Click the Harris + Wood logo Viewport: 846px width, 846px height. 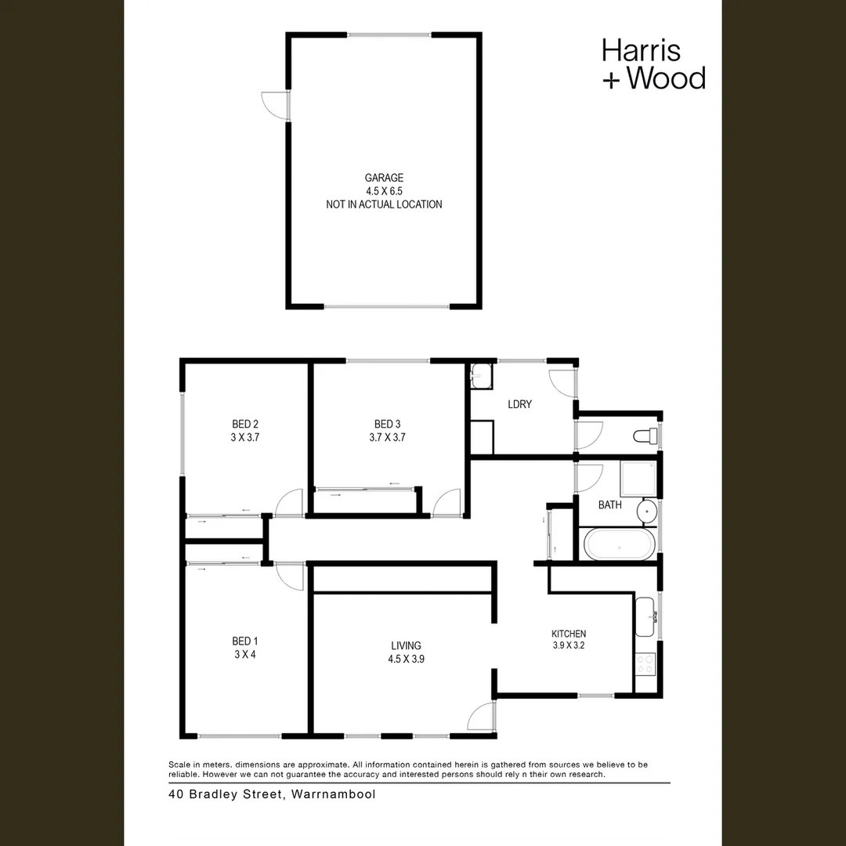(653, 63)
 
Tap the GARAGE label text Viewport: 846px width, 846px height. (384, 178)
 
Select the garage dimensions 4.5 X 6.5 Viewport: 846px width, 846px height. (384, 191)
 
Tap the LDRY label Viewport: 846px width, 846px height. (519, 404)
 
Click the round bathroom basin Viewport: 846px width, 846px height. (647, 512)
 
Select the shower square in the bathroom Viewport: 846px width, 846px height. (638, 479)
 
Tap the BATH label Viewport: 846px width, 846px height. (609, 505)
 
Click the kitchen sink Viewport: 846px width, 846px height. (645, 616)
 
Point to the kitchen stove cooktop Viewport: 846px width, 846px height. (645, 665)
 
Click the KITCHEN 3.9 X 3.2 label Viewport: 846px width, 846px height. (568, 640)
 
